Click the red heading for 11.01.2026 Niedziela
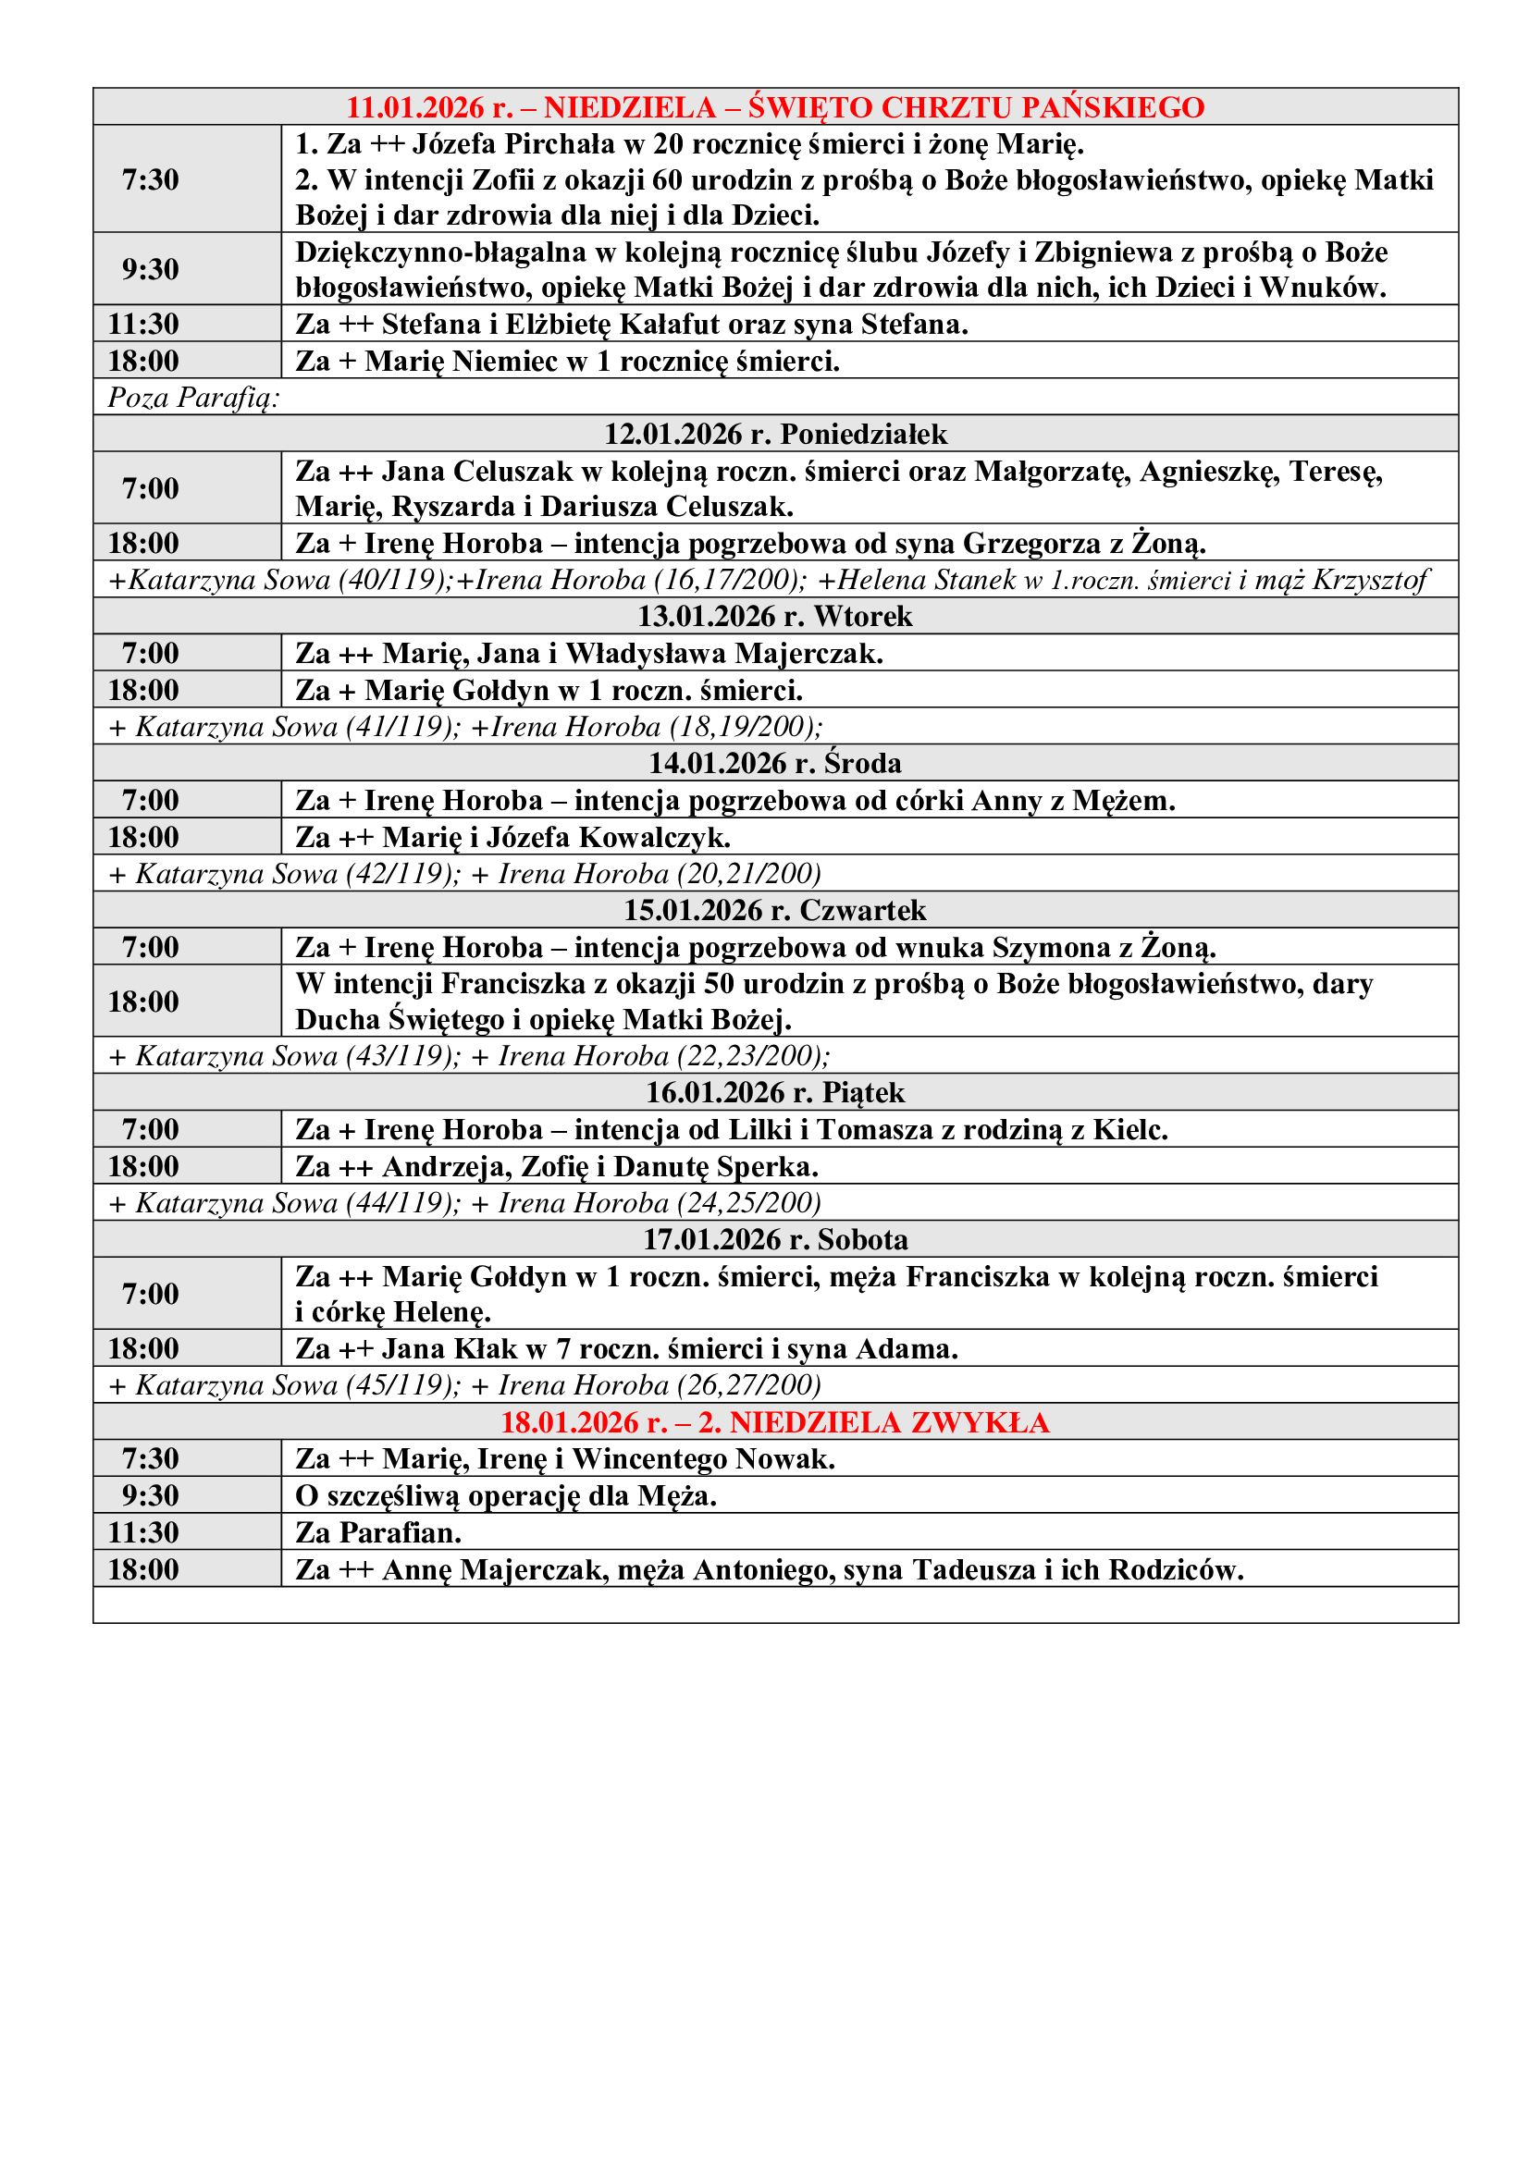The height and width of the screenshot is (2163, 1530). (774, 107)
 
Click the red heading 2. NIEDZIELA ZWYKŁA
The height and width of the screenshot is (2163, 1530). (774, 1421)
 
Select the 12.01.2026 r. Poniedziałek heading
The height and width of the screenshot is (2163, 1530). (774, 435)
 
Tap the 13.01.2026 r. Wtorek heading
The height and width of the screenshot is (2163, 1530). (774, 616)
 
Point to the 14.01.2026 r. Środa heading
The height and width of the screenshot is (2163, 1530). (774, 763)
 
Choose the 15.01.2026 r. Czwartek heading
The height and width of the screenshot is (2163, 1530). (774, 910)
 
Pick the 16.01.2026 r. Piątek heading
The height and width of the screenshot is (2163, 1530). (774, 1093)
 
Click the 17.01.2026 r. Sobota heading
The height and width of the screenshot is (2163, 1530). (774, 1240)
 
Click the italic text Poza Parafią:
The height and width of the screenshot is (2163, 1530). (193, 398)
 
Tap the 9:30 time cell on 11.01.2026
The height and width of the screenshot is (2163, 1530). (150, 269)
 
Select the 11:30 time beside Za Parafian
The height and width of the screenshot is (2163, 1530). (143, 1532)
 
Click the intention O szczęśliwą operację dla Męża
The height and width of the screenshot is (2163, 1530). (506, 1496)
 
